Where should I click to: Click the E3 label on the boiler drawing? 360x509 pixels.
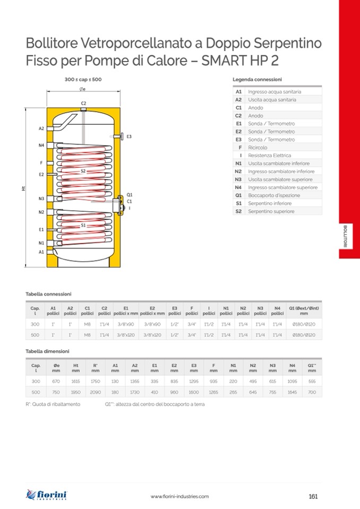tap(129, 136)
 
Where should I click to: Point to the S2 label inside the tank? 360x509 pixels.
tap(83, 171)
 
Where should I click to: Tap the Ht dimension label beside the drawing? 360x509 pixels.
tap(24, 187)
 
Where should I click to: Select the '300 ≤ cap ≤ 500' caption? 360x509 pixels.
tap(83, 79)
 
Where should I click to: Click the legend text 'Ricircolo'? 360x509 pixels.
tap(258, 148)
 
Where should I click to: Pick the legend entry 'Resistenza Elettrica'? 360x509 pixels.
tap(269, 156)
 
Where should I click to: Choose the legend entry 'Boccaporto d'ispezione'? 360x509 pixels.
tap(273, 195)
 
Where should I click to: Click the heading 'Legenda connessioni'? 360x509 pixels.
tap(257, 79)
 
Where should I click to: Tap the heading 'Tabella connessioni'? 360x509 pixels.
tap(48, 294)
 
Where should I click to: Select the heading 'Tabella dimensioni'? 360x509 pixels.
tap(47, 351)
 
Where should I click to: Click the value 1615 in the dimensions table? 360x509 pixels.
tap(76, 381)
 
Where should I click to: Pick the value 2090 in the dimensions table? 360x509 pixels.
tap(96, 392)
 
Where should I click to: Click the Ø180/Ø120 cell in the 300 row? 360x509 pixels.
tap(303, 324)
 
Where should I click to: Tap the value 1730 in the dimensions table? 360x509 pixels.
tap(135, 392)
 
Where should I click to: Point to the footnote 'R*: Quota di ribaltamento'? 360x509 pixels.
tap(53, 404)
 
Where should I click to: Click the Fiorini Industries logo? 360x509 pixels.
tap(47, 495)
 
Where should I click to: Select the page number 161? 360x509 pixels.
tap(313, 496)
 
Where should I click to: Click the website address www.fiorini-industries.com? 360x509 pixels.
tap(179, 496)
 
